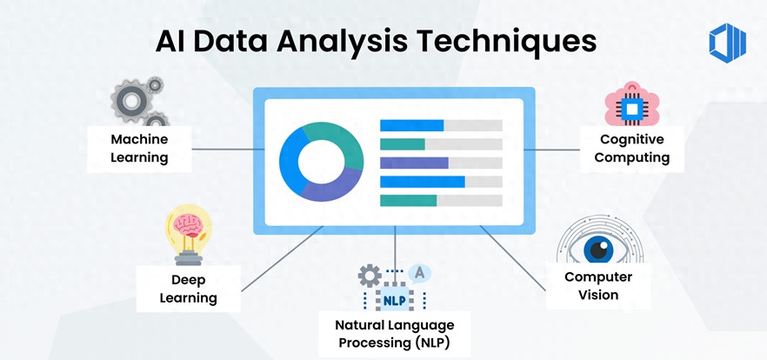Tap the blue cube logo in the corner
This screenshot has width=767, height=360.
click(727, 43)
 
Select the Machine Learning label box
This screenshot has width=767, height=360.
click(139, 149)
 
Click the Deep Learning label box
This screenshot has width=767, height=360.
click(189, 289)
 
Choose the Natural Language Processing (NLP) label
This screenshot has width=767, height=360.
click(394, 334)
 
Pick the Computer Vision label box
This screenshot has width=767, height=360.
click(598, 285)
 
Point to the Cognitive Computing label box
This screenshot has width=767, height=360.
click(632, 149)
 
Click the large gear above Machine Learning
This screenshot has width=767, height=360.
click(131, 101)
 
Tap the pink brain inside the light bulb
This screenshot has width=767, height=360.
click(188, 225)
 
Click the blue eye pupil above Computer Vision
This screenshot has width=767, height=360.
click(597, 250)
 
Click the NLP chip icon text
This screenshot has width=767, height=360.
click(394, 300)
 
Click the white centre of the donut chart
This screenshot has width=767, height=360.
click(321, 162)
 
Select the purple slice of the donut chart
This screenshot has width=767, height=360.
click(331, 186)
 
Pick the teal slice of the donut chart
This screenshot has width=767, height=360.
click(338, 140)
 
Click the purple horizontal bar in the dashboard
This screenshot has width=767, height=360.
click(414, 163)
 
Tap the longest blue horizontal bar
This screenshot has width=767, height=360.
click(422, 182)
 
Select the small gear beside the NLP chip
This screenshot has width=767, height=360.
click(370, 276)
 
